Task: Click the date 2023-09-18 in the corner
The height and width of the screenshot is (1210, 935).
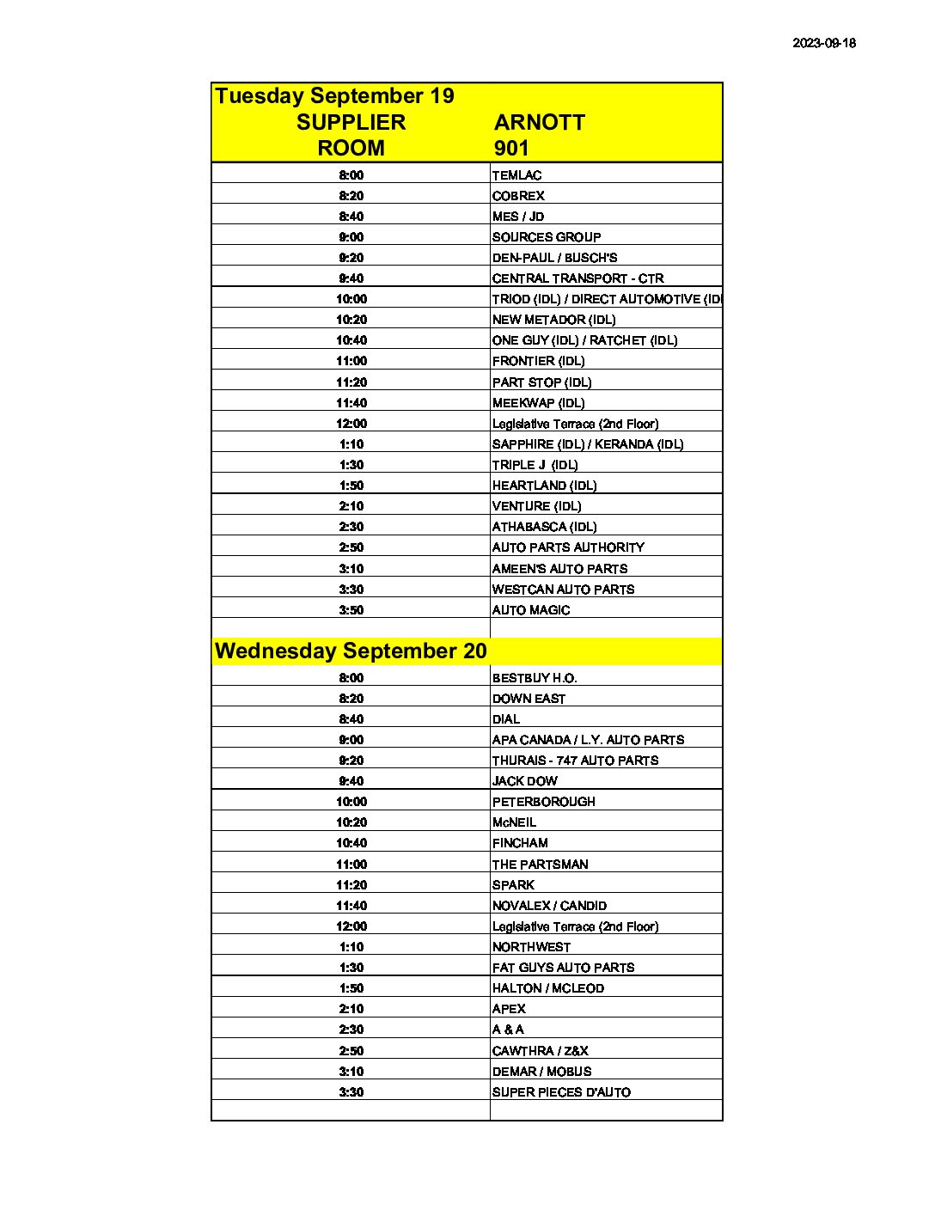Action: click(x=823, y=43)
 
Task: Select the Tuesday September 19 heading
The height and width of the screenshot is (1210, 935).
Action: click(x=334, y=95)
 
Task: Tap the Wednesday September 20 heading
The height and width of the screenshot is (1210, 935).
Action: click(x=351, y=651)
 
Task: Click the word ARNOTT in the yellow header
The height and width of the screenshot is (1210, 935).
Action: click(x=539, y=122)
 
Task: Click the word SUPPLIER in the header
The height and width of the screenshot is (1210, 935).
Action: click(x=351, y=122)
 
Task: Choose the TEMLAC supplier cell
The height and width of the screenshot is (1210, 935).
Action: click(x=516, y=175)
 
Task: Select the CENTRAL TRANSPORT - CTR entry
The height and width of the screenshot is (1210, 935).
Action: click(x=577, y=278)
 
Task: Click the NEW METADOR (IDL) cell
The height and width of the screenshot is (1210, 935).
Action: click(x=553, y=320)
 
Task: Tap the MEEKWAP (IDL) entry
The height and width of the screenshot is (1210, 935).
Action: click(x=538, y=403)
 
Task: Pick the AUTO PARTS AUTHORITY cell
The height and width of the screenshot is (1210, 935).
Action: click(x=568, y=547)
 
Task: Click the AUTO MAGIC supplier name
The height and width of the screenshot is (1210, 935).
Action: click(x=531, y=610)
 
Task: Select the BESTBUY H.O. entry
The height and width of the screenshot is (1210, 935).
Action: click(x=535, y=678)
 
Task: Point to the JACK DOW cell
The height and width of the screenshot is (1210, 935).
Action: click(x=524, y=781)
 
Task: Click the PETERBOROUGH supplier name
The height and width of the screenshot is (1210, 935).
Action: click(x=543, y=802)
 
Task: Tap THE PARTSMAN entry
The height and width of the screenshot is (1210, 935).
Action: click(x=540, y=865)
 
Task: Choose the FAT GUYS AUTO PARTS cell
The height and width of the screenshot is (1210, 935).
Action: click(x=563, y=968)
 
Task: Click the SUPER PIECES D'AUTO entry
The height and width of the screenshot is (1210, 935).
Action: click(x=561, y=1092)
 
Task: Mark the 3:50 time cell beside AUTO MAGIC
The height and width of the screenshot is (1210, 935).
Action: click(x=351, y=610)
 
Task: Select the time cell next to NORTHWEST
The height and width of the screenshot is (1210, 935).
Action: click(x=351, y=947)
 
